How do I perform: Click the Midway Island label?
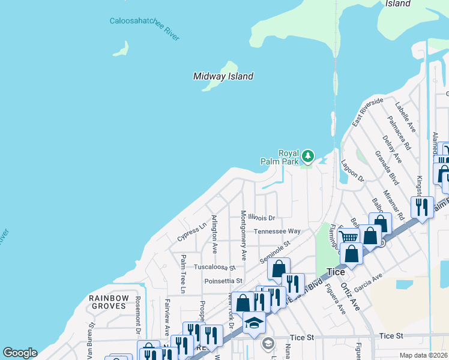click(223, 76)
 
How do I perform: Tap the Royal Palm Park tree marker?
click(308, 157)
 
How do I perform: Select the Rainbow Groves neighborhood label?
click(108, 302)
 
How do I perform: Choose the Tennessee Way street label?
click(277, 231)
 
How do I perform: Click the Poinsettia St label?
click(223, 280)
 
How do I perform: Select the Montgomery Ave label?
click(243, 235)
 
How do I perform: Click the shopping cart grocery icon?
click(349, 236)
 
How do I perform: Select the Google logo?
click(20, 353)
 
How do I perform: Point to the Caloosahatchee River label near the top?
click(145, 29)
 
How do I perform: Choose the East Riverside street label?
click(367, 112)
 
